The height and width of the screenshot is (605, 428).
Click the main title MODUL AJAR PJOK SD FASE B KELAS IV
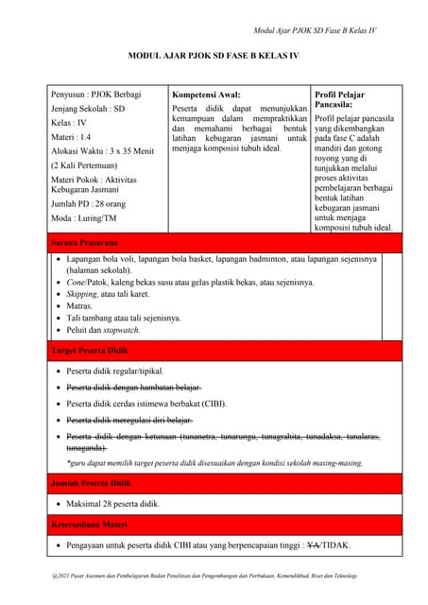(214, 58)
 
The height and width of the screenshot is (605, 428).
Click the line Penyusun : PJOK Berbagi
(95, 95)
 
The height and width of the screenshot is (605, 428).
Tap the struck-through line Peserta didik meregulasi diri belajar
(129, 420)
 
